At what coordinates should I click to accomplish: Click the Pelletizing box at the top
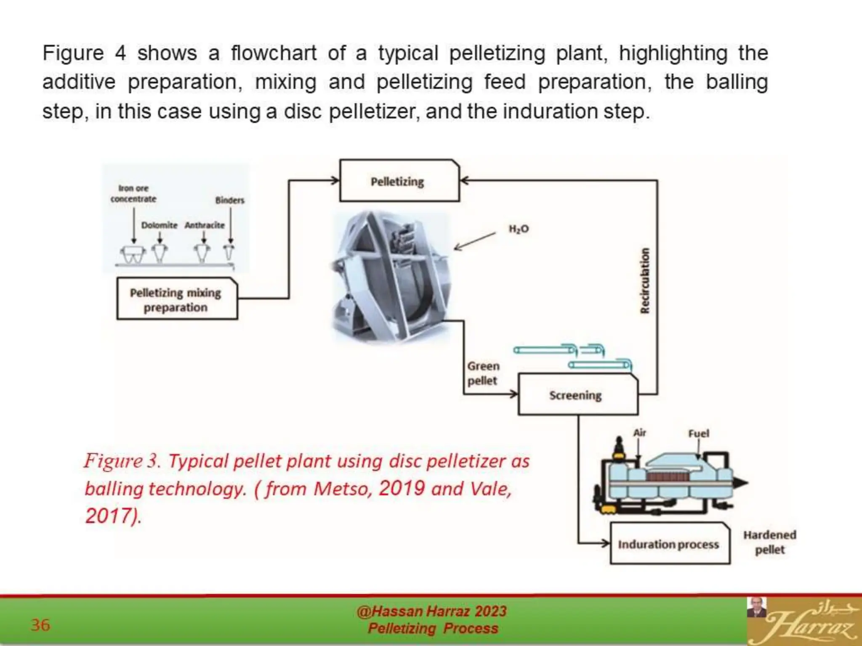tap(399, 181)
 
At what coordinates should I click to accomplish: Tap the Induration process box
tap(669, 544)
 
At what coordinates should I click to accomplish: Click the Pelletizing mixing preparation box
tap(177, 299)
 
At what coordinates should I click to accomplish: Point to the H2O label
tap(519, 229)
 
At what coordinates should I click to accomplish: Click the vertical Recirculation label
tap(644, 281)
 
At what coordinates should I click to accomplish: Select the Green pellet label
tap(483, 373)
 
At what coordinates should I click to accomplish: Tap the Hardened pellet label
tap(769, 542)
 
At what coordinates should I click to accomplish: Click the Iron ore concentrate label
tap(133, 193)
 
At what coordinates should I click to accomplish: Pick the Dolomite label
tap(159, 225)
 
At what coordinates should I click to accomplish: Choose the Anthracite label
tap(205, 225)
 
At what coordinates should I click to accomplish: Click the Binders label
tap(230, 200)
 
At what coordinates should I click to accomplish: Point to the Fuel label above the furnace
tap(698, 433)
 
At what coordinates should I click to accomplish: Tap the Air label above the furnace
tap(639, 432)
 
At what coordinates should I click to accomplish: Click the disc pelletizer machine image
tap(391, 278)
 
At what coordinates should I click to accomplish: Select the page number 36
tap(40, 625)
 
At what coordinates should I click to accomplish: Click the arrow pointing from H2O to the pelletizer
tap(475, 241)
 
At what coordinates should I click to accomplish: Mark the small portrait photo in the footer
tap(756, 607)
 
